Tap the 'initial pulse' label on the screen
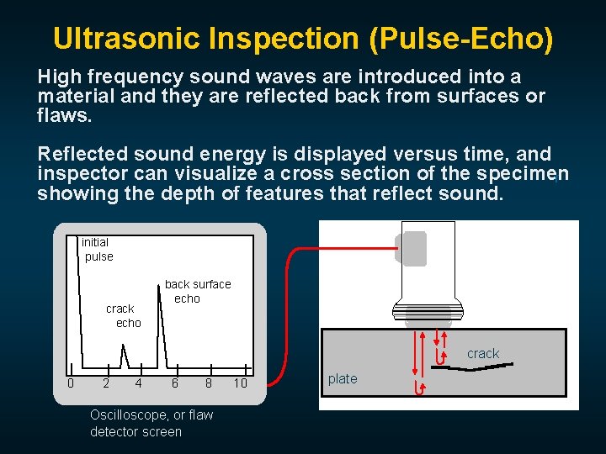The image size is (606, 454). [97, 250]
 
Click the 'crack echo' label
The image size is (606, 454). [124, 316]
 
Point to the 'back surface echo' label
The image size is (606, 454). [196, 292]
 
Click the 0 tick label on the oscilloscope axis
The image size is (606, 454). [71, 384]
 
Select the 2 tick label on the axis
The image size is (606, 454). [105, 384]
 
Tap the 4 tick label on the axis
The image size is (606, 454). [139, 384]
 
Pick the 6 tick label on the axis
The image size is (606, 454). [174, 384]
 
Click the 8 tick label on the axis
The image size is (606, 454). [209, 384]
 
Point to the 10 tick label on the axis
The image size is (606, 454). [241, 384]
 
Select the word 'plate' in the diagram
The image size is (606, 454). [343, 379]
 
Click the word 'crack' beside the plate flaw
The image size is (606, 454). [483, 354]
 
